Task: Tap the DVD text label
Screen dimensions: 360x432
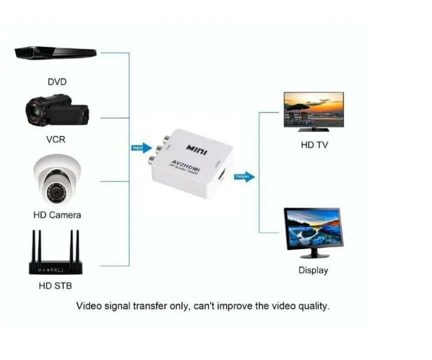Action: [x=57, y=82]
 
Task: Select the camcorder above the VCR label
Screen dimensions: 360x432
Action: [x=57, y=111]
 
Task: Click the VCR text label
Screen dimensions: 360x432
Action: [x=55, y=139]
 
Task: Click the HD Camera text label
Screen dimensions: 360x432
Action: [x=57, y=215]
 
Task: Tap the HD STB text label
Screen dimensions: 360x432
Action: [x=55, y=286]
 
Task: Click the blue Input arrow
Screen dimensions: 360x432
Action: [x=141, y=147]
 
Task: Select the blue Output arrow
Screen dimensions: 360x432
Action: [x=243, y=176]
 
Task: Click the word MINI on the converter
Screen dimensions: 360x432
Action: [x=196, y=149]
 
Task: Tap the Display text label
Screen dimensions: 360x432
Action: [x=313, y=270]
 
